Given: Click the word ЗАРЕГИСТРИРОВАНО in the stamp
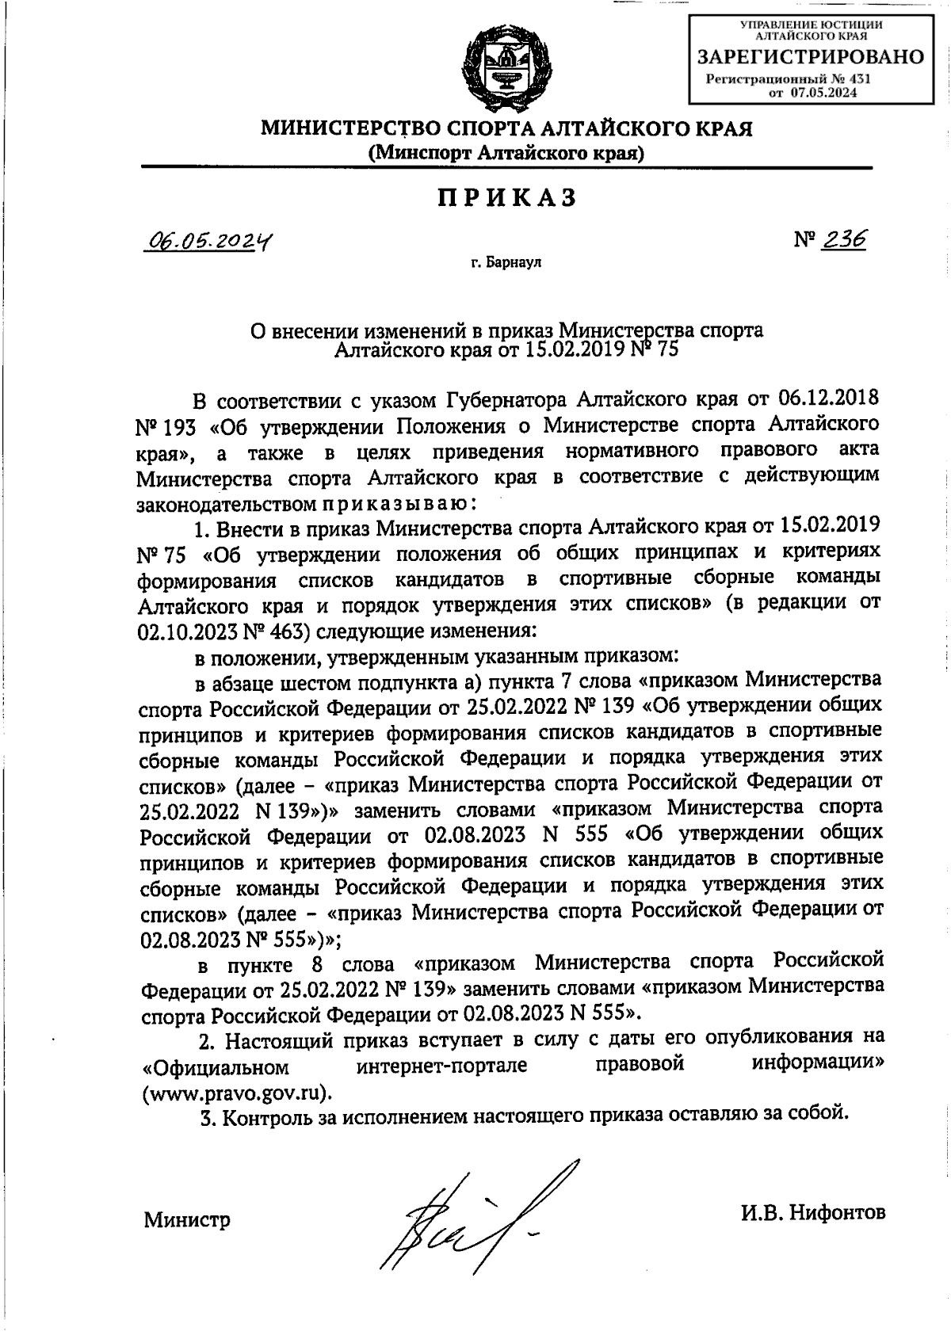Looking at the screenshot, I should pyautogui.click(x=810, y=57).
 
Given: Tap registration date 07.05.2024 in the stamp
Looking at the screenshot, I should pyautogui.click(x=824, y=93).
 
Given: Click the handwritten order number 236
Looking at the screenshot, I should pyautogui.click(x=843, y=238).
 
